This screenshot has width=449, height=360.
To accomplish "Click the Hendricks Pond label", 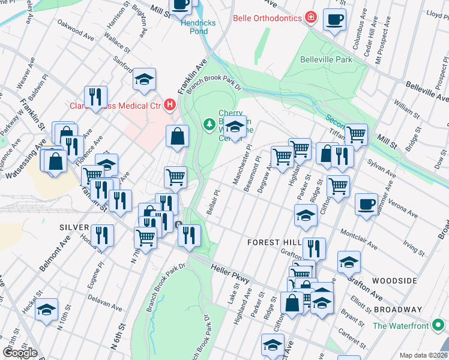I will click(x=197, y=28).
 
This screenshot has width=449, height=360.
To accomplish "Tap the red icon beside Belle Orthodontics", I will click(x=310, y=18).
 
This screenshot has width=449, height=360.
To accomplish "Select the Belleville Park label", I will click(x=326, y=60).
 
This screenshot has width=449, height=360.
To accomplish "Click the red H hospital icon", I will click(x=170, y=106).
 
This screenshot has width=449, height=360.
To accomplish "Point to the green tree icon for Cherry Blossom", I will click(x=209, y=124).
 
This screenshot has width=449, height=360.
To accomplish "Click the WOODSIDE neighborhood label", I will click(x=394, y=281).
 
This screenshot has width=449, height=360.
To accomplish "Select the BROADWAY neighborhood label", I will click(x=397, y=309).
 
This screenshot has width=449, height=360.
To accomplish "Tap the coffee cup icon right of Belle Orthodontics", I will click(x=334, y=19).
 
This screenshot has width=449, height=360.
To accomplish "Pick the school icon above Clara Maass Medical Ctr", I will click(x=144, y=79).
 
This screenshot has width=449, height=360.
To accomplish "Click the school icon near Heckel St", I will click(x=46, y=310).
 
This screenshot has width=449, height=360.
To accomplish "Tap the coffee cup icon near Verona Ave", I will click(x=366, y=204).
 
